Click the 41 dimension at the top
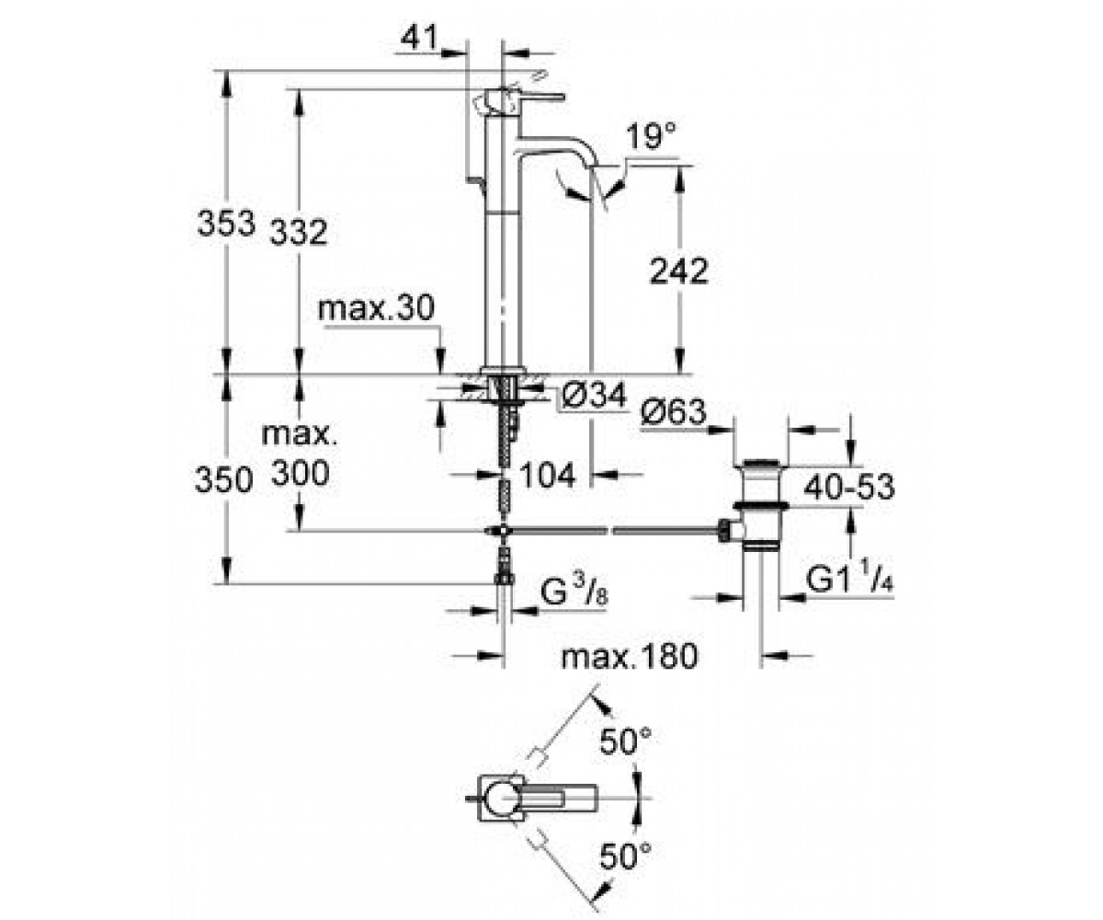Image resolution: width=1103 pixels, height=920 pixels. point(419,38)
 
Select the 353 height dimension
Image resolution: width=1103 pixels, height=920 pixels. point(226,223)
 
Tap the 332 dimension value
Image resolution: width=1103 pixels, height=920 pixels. point(299,232)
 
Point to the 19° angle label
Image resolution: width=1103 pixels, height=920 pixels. point(651,136)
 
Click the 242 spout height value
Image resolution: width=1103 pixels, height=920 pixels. point(679,271)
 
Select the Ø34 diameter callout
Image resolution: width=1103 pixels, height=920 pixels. point(595,395)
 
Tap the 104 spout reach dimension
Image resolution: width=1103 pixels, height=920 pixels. point(548,475)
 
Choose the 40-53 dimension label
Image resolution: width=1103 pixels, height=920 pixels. point(849,487)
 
